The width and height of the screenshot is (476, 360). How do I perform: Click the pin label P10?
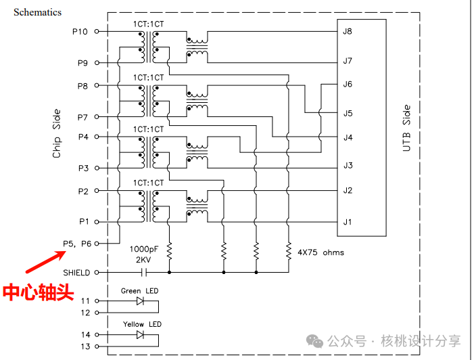tap(80, 32)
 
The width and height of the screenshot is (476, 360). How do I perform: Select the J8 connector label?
tap(348, 32)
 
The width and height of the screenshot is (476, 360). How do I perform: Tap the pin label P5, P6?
tap(78, 243)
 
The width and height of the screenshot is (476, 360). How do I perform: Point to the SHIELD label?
tap(76, 272)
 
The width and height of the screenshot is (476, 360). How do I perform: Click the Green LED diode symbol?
tap(140, 300)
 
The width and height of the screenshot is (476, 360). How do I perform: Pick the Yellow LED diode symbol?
tap(140, 334)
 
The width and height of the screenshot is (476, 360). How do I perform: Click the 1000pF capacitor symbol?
tap(143, 272)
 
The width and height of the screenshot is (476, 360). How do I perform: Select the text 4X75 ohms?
tap(320, 252)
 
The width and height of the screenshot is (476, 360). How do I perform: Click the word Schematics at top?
tap(37, 12)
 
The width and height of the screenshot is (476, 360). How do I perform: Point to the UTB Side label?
tap(406, 128)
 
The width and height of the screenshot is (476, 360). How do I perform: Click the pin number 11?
tap(85, 300)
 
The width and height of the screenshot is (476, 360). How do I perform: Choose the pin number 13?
tap(85, 346)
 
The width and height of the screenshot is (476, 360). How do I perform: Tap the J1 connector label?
tap(348, 221)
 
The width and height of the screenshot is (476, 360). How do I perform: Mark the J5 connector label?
tap(348, 113)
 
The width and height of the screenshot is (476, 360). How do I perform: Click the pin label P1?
tap(83, 221)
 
